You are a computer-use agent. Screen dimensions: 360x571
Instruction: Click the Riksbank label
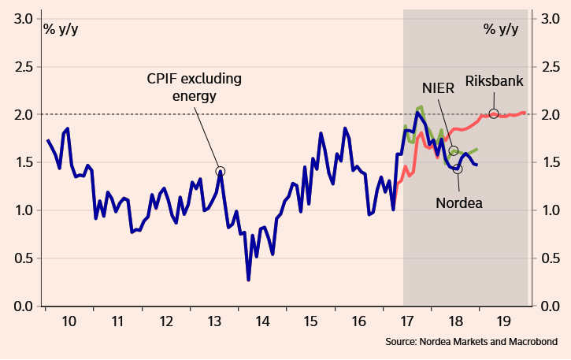[494, 80]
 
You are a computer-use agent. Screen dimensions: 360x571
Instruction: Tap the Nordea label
[458, 202]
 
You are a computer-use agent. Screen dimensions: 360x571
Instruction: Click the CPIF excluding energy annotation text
[194, 87]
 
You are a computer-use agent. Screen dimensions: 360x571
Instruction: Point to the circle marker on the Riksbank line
[494, 113]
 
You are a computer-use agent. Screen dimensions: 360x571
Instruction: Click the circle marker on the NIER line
[454, 150]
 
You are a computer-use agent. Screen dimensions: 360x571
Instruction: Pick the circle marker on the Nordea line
[458, 169]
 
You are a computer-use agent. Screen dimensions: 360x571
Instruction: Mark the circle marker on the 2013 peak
[221, 171]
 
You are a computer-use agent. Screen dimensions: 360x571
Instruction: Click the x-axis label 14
[263, 321]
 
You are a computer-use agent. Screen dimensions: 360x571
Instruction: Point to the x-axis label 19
[503, 321]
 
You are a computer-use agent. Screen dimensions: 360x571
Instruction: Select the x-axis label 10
[69, 321]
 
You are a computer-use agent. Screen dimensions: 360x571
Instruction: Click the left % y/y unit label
[61, 30]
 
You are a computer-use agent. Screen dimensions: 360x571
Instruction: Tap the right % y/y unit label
[501, 30]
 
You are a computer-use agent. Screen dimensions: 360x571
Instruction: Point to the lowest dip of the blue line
[249, 280]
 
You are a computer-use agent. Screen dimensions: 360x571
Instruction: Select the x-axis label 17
[406, 321]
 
